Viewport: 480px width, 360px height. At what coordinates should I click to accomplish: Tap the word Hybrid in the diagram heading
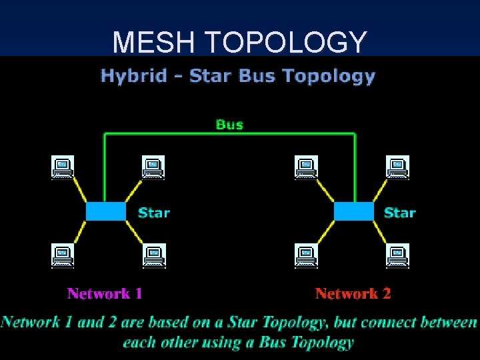[x=133, y=75]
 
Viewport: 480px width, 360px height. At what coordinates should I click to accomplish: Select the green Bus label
[x=229, y=124]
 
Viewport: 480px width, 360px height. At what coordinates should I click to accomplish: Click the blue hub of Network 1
[x=105, y=211]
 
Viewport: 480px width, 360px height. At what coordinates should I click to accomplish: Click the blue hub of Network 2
[x=353, y=211]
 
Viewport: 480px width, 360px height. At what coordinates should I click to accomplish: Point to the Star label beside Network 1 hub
[x=154, y=213]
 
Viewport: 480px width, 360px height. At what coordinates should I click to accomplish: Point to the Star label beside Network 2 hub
[x=400, y=213]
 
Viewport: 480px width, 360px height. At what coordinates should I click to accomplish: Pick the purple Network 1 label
[x=105, y=293]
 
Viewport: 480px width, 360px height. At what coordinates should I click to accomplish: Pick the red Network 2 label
[x=353, y=293]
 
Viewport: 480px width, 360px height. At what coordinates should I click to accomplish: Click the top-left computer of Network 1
[x=62, y=167]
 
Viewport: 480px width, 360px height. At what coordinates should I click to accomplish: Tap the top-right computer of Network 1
[x=153, y=167]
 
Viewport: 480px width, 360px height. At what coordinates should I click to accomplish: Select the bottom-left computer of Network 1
[x=62, y=255]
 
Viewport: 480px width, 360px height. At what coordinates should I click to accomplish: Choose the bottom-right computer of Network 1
[x=154, y=255]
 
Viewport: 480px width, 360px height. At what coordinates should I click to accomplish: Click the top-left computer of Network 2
[x=307, y=167]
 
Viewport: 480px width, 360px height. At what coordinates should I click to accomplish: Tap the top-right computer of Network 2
[x=398, y=167]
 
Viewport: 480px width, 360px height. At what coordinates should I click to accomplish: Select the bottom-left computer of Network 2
[x=307, y=255]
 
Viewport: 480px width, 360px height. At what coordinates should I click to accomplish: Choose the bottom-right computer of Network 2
[x=398, y=255]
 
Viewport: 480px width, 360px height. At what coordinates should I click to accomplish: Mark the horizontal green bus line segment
[x=229, y=134]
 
